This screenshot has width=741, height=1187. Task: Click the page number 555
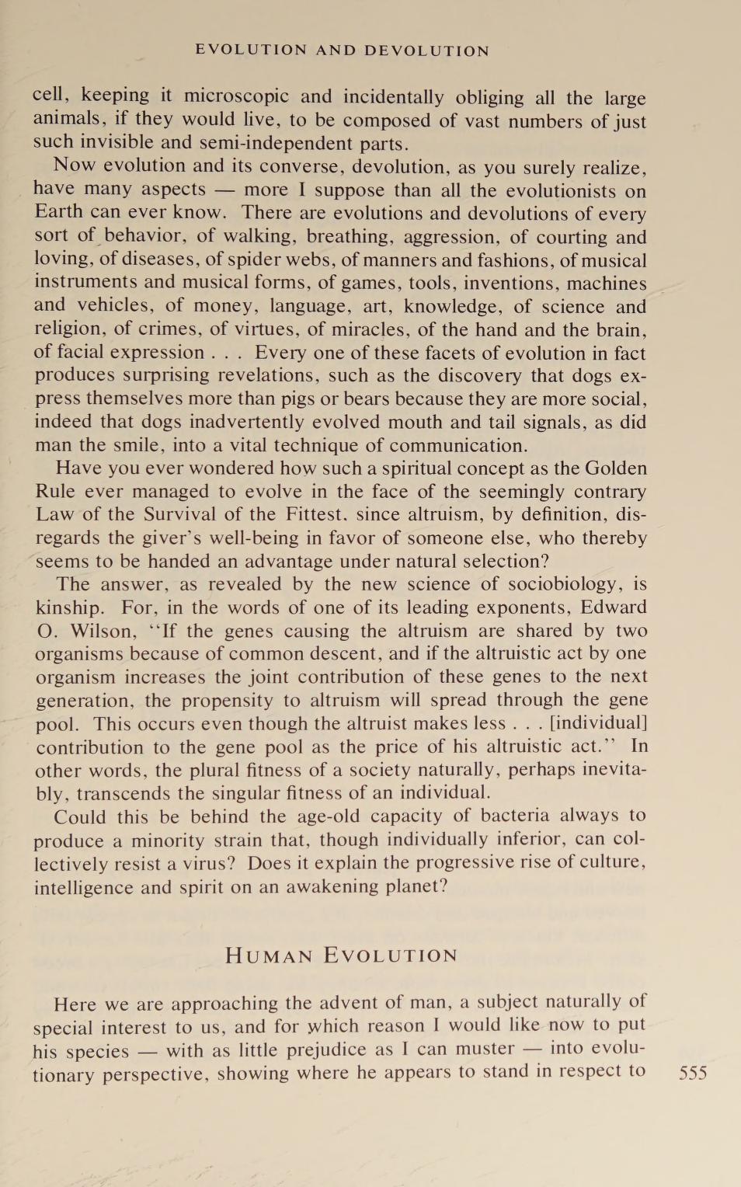point(692,1073)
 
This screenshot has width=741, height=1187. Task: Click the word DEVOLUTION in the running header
point(426,50)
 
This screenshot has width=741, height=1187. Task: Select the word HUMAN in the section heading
point(269,956)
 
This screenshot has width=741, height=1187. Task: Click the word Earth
point(58,212)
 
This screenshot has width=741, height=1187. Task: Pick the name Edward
point(614,607)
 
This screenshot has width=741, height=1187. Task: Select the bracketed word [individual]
point(598,723)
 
